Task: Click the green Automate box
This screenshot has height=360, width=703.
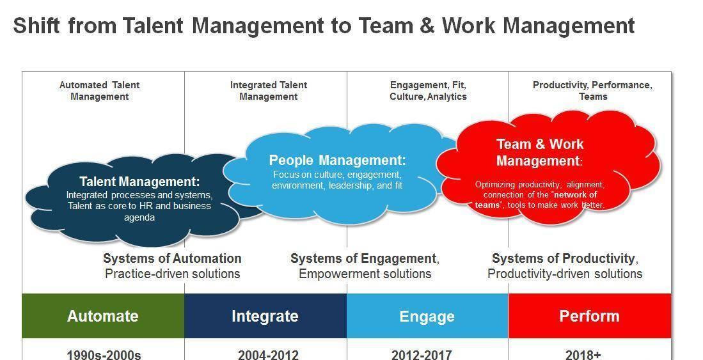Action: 103,316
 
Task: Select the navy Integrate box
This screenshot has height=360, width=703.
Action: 265,316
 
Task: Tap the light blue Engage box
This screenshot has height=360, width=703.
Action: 427,316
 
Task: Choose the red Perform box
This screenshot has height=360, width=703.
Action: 590,316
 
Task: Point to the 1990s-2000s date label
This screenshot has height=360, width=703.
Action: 104,355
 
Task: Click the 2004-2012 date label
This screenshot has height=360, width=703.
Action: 268,355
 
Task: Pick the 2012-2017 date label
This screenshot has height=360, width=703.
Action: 422,355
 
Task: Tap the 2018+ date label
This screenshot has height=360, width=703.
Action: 583,355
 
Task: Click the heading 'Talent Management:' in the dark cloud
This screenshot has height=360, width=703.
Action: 139,182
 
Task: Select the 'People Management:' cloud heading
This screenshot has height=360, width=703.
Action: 337,160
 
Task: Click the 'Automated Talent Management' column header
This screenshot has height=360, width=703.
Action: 100,91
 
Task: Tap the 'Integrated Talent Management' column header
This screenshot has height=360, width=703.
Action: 269,91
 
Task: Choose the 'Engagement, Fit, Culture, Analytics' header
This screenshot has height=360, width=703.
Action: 428,91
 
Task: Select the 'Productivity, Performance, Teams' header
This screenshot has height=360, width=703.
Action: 593,91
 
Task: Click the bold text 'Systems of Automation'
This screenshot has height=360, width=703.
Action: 172,258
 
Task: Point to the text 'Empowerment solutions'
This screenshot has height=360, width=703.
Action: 365,274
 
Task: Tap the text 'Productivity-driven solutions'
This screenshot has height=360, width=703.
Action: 565,274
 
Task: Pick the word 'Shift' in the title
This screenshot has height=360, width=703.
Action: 36,26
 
